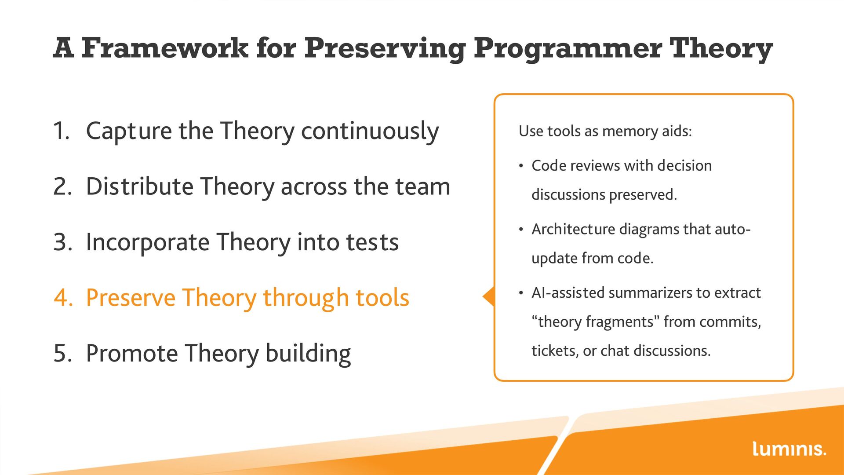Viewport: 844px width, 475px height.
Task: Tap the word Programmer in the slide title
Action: click(x=568, y=48)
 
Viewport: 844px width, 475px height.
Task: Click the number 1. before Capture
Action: click(x=62, y=131)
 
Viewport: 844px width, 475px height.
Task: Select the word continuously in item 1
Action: click(x=370, y=131)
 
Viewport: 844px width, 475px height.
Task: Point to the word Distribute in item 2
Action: click(x=139, y=186)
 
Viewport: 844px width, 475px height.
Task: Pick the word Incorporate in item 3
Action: click(x=147, y=242)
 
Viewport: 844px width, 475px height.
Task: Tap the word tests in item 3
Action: click(x=372, y=243)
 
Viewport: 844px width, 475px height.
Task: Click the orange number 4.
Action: click(x=63, y=298)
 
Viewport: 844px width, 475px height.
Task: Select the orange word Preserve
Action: click(x=131, y=298)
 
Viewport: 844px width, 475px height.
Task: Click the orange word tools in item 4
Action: click(x=382, y=298)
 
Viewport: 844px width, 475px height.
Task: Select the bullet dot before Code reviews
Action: click(x=521, y=166)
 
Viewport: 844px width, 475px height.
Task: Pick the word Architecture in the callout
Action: click(x=573, y=229)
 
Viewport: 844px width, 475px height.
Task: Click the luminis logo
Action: click(x=789, y=449)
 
